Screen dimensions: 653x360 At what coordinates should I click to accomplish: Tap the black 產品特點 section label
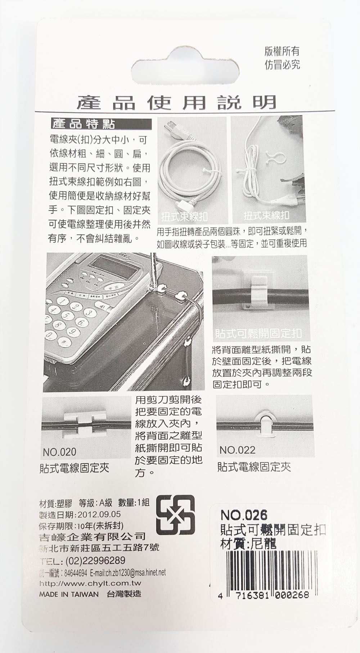pyautogui.click(x=84, y=124)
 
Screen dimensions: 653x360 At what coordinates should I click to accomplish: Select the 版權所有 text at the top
pyautogui.click(x=282, y=52)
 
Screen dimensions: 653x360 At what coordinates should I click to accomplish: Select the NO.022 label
pyautogui.click(x=237, y=450)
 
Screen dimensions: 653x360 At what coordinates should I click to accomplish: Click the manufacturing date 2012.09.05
pyautogui.click(x=99, y=514)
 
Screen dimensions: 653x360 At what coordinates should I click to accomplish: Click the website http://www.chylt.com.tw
pyautogui.click(x=90, y=583)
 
